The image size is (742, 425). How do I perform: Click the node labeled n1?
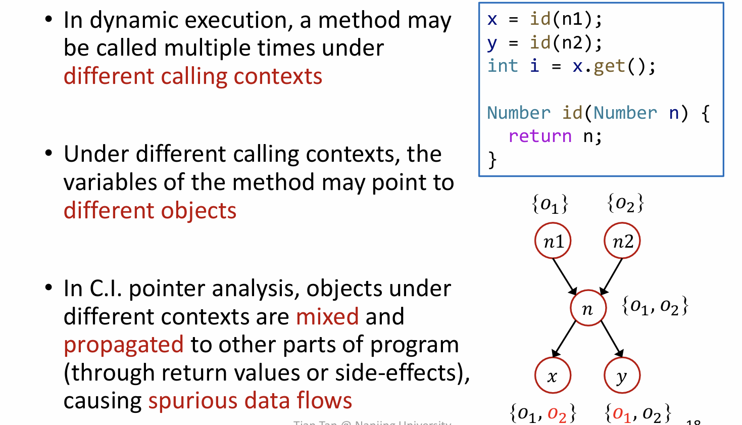553,241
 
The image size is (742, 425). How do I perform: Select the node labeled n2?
622,241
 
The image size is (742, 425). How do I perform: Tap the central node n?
588,308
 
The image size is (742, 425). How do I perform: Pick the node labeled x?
553,375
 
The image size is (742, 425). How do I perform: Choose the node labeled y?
622,375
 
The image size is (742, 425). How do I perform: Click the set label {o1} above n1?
550,204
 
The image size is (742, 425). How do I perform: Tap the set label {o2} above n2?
626,204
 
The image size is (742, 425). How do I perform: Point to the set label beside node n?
655,306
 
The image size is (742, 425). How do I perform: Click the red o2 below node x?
557,414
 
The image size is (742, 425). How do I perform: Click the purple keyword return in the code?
540,136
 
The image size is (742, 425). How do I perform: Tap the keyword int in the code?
503,66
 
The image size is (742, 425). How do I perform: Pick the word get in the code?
609,66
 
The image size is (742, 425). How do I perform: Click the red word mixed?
327,317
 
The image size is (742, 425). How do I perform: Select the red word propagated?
124,345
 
